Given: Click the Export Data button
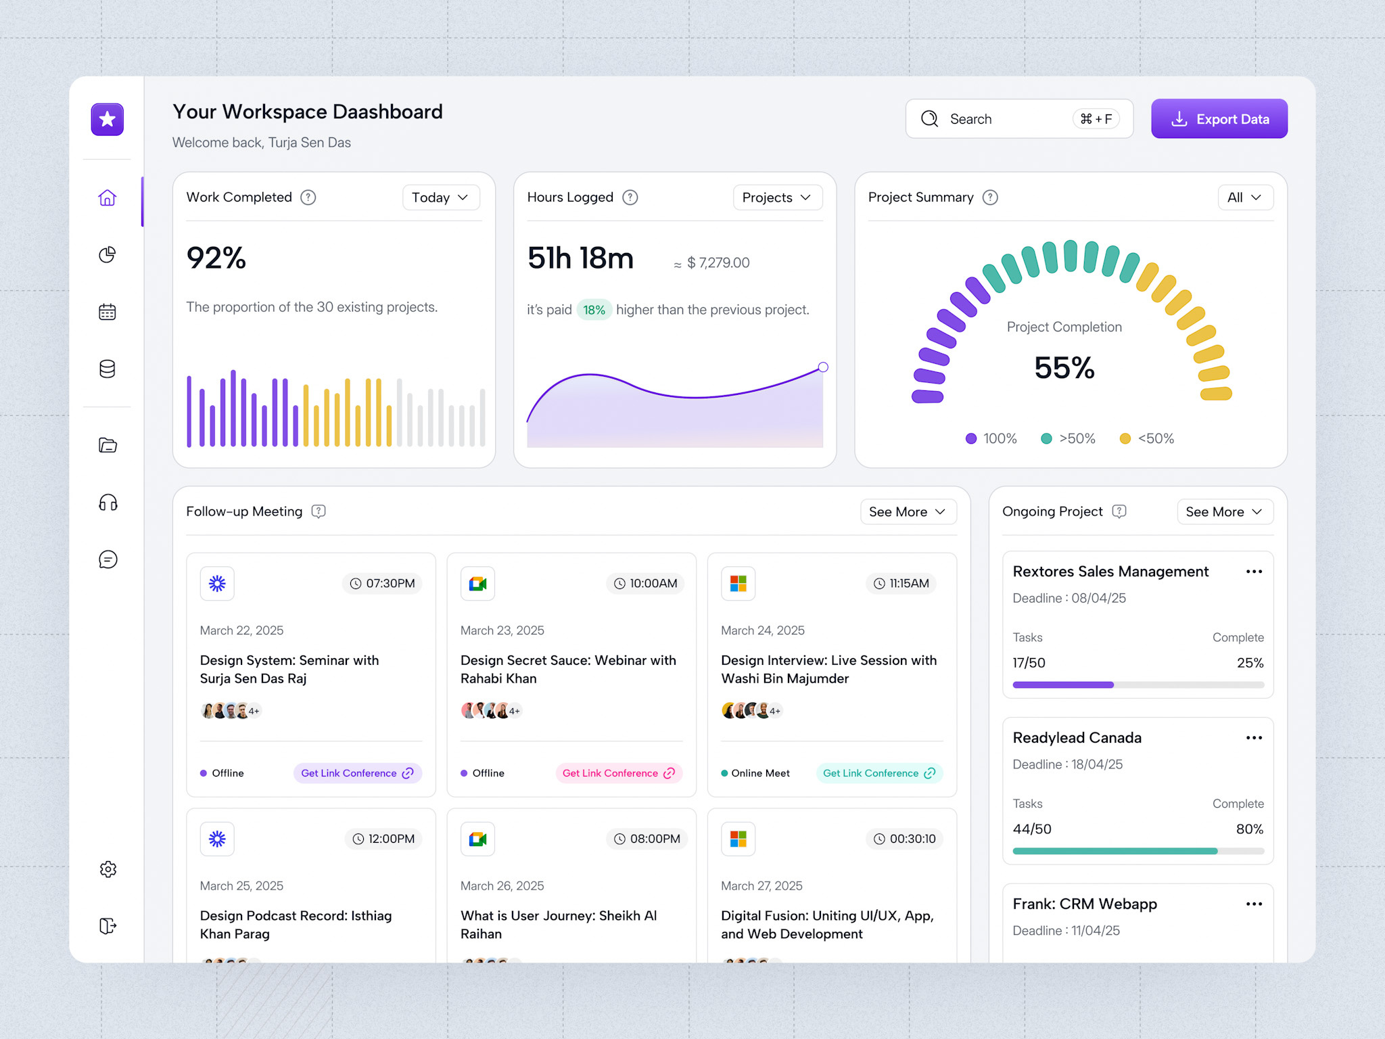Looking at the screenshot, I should point(1219,119).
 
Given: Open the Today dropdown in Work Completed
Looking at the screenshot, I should point(440,198).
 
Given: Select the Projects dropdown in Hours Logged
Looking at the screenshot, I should point(777,198).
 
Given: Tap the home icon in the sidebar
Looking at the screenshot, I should point(108,198).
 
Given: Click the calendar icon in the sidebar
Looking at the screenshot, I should point(108,312).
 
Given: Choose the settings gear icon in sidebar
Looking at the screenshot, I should point(108,869).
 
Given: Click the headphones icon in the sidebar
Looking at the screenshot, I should point(108,503).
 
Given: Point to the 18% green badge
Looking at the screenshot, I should point(594,310).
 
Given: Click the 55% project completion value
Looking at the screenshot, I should point(1064,368).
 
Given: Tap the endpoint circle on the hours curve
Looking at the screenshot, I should point(823,367).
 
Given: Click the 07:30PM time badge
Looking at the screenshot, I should point(382,583).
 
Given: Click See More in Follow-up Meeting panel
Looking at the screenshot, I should point(908,512).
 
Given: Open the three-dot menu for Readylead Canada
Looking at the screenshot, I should point(1254,738).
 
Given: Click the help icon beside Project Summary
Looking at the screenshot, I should point(990,198).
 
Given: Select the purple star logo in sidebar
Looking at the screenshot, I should point(108,120).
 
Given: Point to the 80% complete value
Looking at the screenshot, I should point(1249,829).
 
